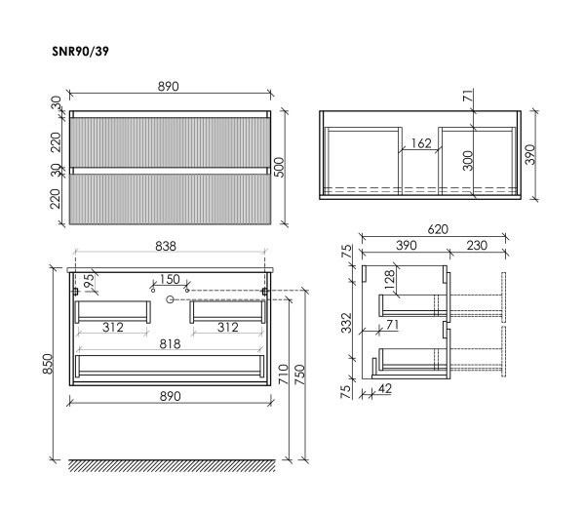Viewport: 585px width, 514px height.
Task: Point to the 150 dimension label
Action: click(x=170, y=279)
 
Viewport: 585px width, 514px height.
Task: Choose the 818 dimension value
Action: click(x=171, y=344)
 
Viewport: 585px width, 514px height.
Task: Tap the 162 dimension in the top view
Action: click(x=420, y=143)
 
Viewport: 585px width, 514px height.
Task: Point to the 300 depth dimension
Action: click(x=467, y=160)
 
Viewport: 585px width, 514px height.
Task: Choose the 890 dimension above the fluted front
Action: click(x=169, y=86)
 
